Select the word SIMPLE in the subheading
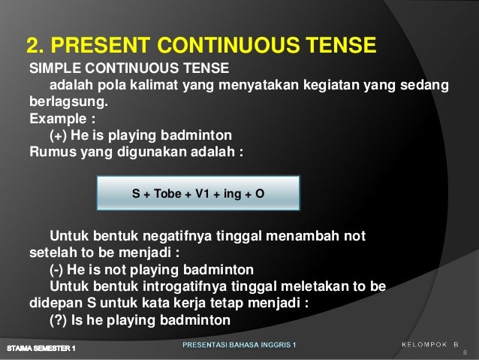point(53,69)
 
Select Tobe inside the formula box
point(167,193)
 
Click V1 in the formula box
point(202,193)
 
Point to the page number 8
point(465,352)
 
